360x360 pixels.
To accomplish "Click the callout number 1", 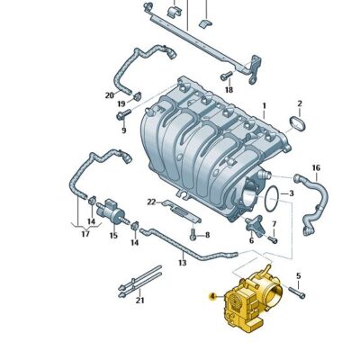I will click(264, 106).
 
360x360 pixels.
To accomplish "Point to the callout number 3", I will click(290, 193).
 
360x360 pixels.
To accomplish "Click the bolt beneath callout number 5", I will click(299, 294).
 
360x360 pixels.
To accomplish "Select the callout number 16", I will click(315, 168).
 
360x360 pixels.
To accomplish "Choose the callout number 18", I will click(229, 90).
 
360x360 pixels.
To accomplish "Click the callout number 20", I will click(110, 94).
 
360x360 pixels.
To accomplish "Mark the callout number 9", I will click(124, 130).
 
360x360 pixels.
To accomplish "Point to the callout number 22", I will click(152, 202).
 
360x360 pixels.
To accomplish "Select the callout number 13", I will click(182, 263).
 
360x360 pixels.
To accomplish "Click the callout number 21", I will click(139, 301).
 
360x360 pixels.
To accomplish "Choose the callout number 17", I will click(85, 235).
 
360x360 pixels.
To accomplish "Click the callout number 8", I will click(205, 236).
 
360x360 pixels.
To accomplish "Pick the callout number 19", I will click(121, 104).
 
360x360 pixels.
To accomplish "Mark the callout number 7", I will click(274, 222).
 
